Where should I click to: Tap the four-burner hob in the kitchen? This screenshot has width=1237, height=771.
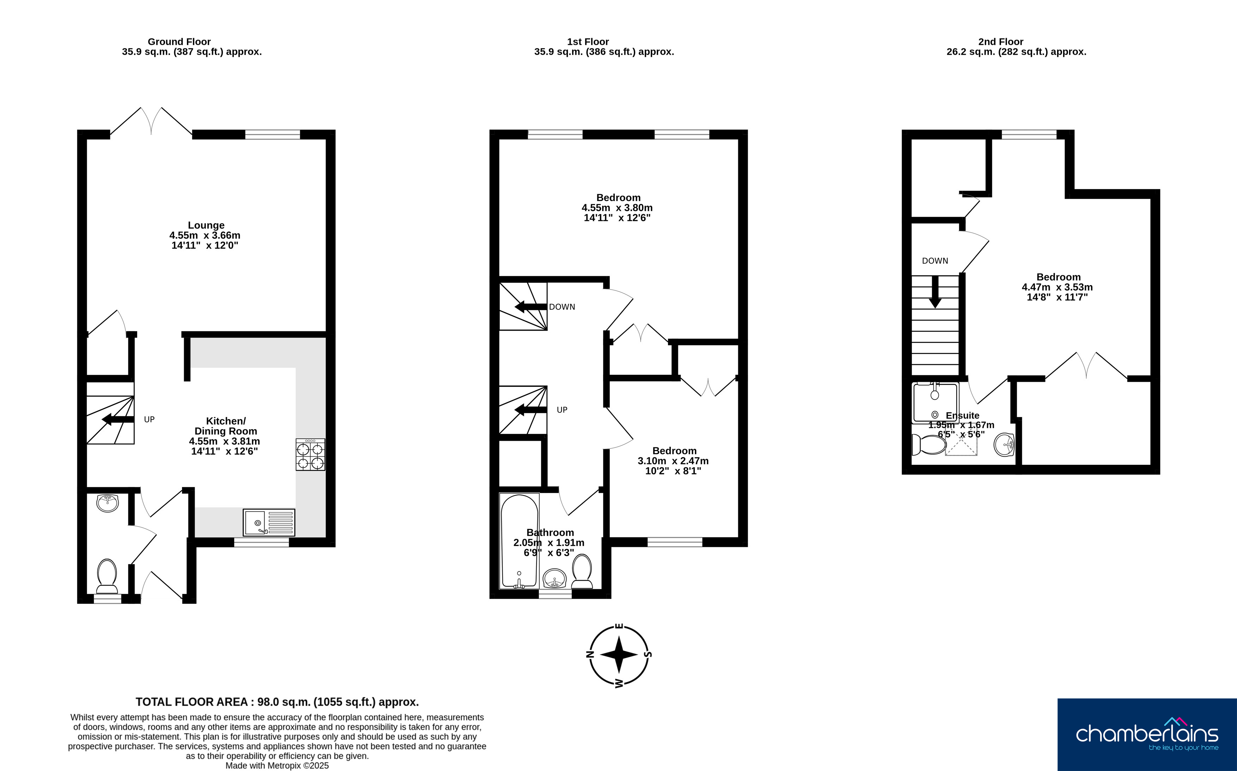coord(310,454)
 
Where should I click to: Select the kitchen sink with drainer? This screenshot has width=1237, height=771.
coord(269,523)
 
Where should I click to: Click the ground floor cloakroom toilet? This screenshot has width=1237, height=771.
coord(107,576)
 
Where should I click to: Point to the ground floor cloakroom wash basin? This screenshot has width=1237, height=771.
coord(108,503)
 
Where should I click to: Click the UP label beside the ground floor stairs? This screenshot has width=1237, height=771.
coord(149,420)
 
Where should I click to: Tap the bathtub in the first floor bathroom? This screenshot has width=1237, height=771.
coord(519,541)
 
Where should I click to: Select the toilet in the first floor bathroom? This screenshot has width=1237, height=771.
coord(582,571)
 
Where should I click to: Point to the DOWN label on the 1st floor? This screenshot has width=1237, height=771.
coord(562,307)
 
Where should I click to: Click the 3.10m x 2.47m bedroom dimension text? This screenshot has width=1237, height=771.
coord(673,461)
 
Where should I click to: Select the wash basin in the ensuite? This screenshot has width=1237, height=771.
coord(1004,445)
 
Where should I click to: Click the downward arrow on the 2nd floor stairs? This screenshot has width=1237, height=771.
coord(935,292)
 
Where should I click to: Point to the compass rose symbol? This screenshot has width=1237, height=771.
coord(619,655)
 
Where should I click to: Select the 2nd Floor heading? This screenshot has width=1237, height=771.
coord(1001,42)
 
